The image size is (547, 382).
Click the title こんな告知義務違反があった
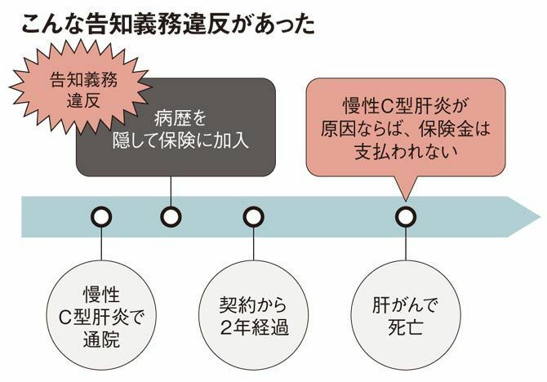(167, 23)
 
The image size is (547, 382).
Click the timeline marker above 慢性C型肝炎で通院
(101, 216)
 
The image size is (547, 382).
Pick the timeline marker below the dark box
(170, 216)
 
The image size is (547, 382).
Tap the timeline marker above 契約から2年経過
(254, 216)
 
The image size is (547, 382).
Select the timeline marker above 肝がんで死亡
(406, 216)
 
